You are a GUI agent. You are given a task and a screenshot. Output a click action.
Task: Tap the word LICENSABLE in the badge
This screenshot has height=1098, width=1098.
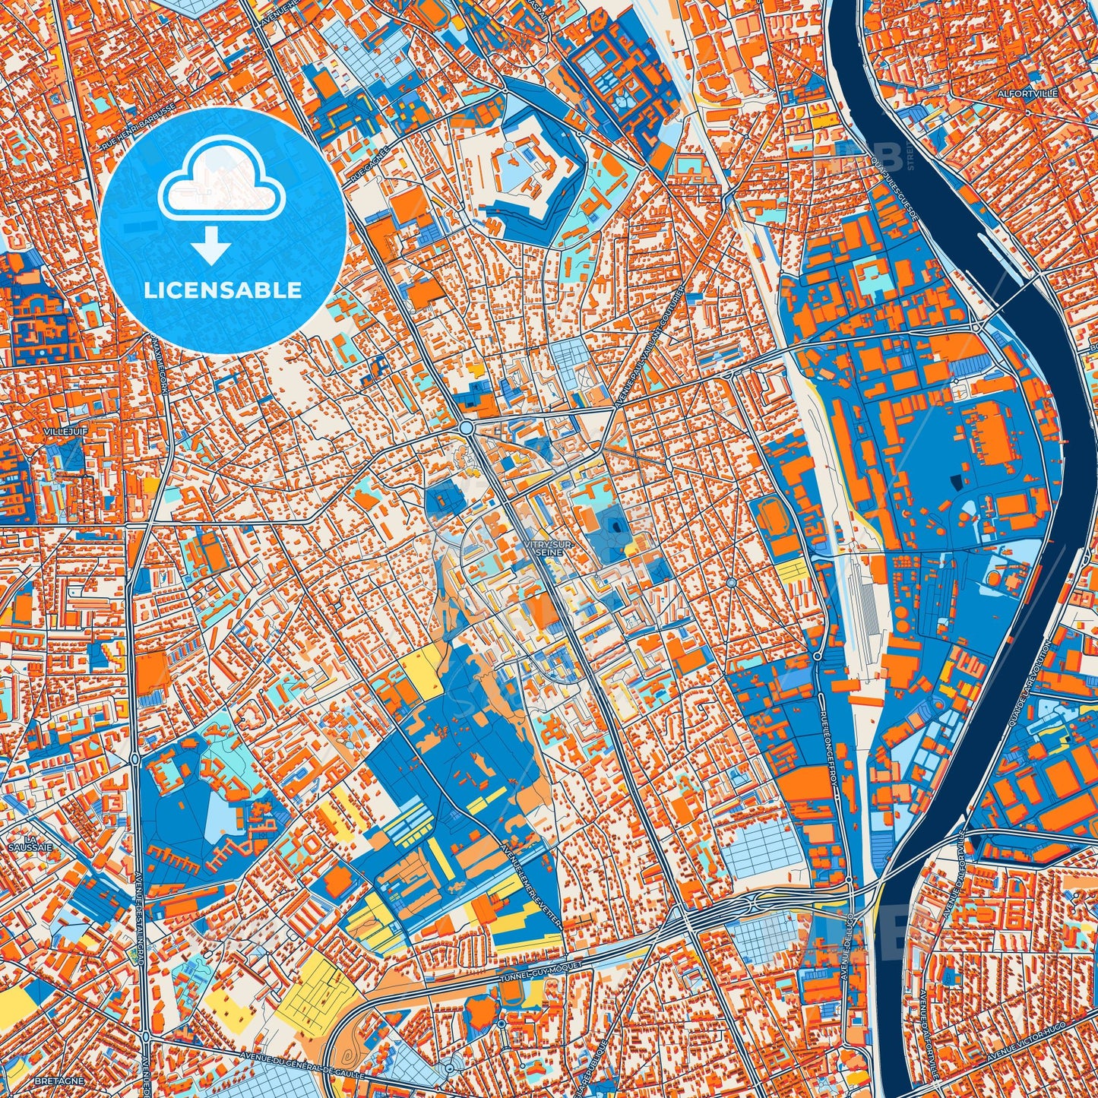223,290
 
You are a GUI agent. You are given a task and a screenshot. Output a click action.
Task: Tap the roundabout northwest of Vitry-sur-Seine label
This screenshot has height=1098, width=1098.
465,429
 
